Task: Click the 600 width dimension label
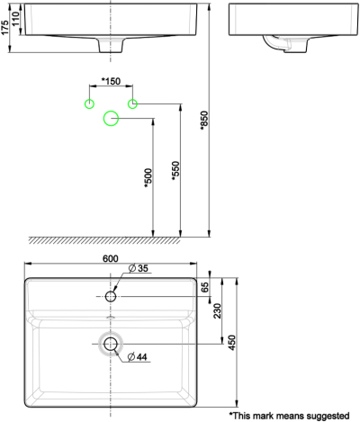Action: point(111,258)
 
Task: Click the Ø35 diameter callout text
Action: point(138,268)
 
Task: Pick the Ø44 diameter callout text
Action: point(138,358)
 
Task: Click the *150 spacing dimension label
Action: point(111,82)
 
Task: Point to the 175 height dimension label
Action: point(5,29)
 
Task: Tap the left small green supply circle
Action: point(89,103)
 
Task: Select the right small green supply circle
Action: point(132,103)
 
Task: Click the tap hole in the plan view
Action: point(111,296)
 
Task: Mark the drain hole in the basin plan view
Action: point(111,343)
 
